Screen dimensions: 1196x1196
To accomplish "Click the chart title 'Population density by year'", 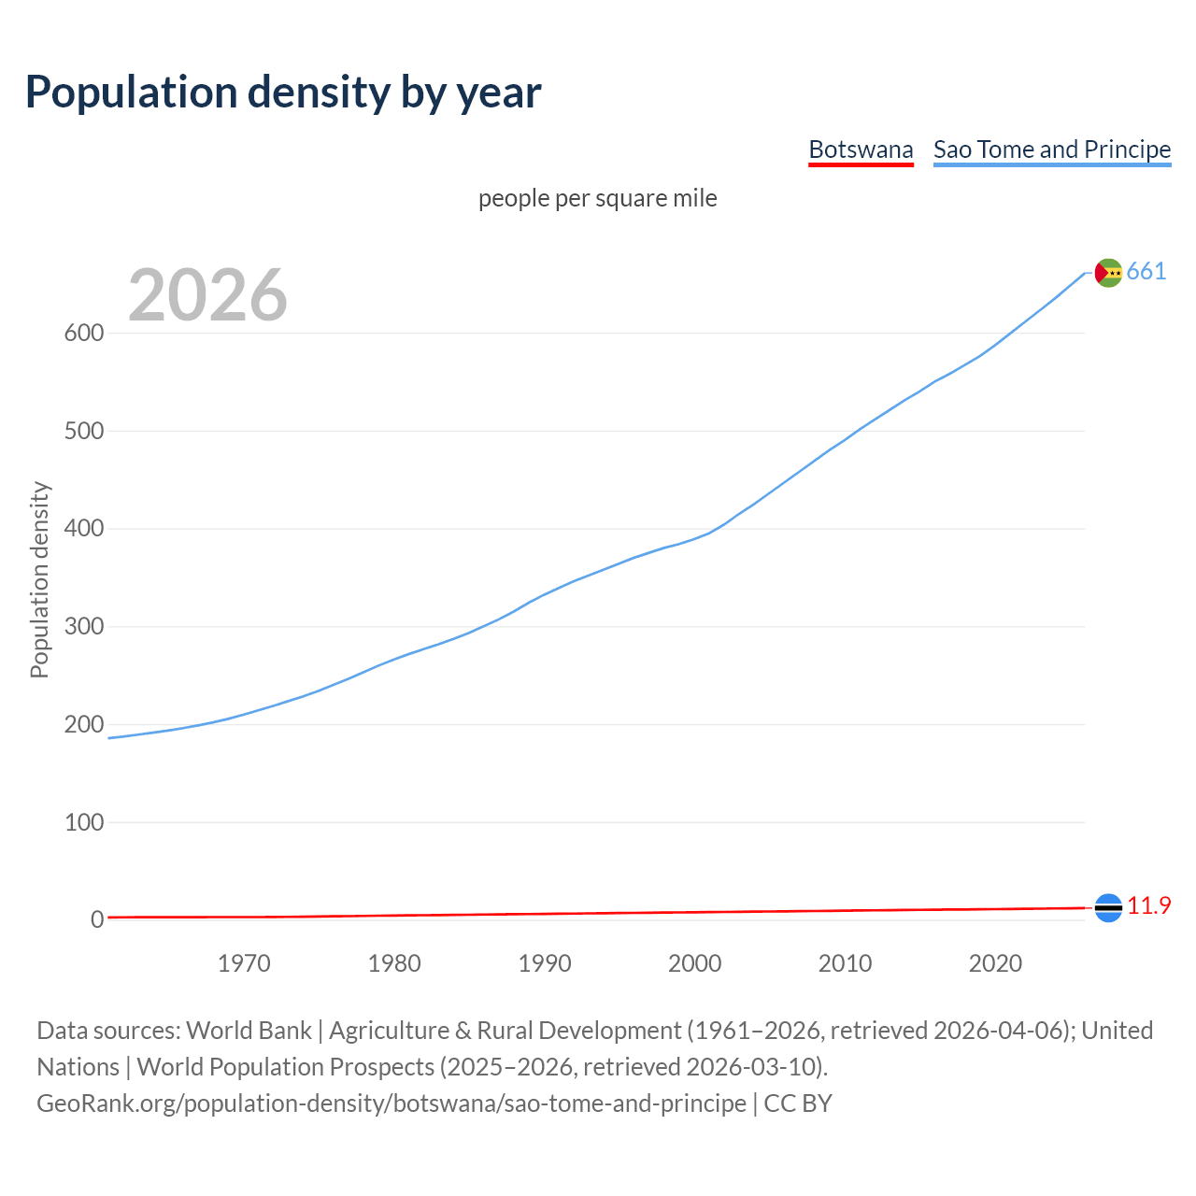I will point(283,92).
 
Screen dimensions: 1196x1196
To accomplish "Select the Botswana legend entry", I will point(861,149).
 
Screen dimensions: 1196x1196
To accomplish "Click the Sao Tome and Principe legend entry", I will point(1052,149).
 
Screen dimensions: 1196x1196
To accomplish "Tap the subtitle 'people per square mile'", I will point(598,198).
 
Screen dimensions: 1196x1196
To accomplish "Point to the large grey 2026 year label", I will point(207,295).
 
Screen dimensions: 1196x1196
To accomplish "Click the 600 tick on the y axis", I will point(83,334).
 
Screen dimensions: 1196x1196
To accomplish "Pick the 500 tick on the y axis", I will point(83,432).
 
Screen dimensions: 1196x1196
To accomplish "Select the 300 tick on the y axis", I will point(83,627).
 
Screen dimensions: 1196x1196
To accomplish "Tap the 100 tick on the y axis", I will point(83,822).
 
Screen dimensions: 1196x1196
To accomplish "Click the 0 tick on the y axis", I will point(96,920).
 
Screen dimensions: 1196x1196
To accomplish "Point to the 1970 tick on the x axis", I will point(244,963).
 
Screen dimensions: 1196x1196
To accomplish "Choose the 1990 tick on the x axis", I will point(545,963).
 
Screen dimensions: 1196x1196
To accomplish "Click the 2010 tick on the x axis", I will point(845,963).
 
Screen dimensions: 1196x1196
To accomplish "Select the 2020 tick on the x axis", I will point(995,963).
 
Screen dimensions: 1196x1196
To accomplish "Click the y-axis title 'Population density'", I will point(39,579).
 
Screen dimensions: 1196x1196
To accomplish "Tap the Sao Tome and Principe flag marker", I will point(1108,272).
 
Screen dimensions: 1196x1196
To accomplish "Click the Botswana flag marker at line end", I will point(1108,907).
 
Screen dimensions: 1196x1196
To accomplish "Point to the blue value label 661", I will point(1146,271).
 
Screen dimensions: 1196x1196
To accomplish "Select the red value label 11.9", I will point(1148,906).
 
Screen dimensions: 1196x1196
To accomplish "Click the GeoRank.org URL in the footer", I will point(392,1103).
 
